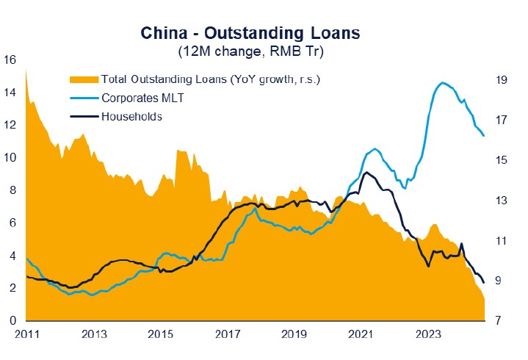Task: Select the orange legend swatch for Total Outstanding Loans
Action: [84, 79]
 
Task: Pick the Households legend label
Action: [131, 115]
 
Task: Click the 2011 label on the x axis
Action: [26, 334]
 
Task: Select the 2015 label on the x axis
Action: [161, 334]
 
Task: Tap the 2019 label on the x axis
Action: [294, 334]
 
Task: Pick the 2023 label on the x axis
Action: [428, 334]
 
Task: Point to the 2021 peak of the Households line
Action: [366, 173]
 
